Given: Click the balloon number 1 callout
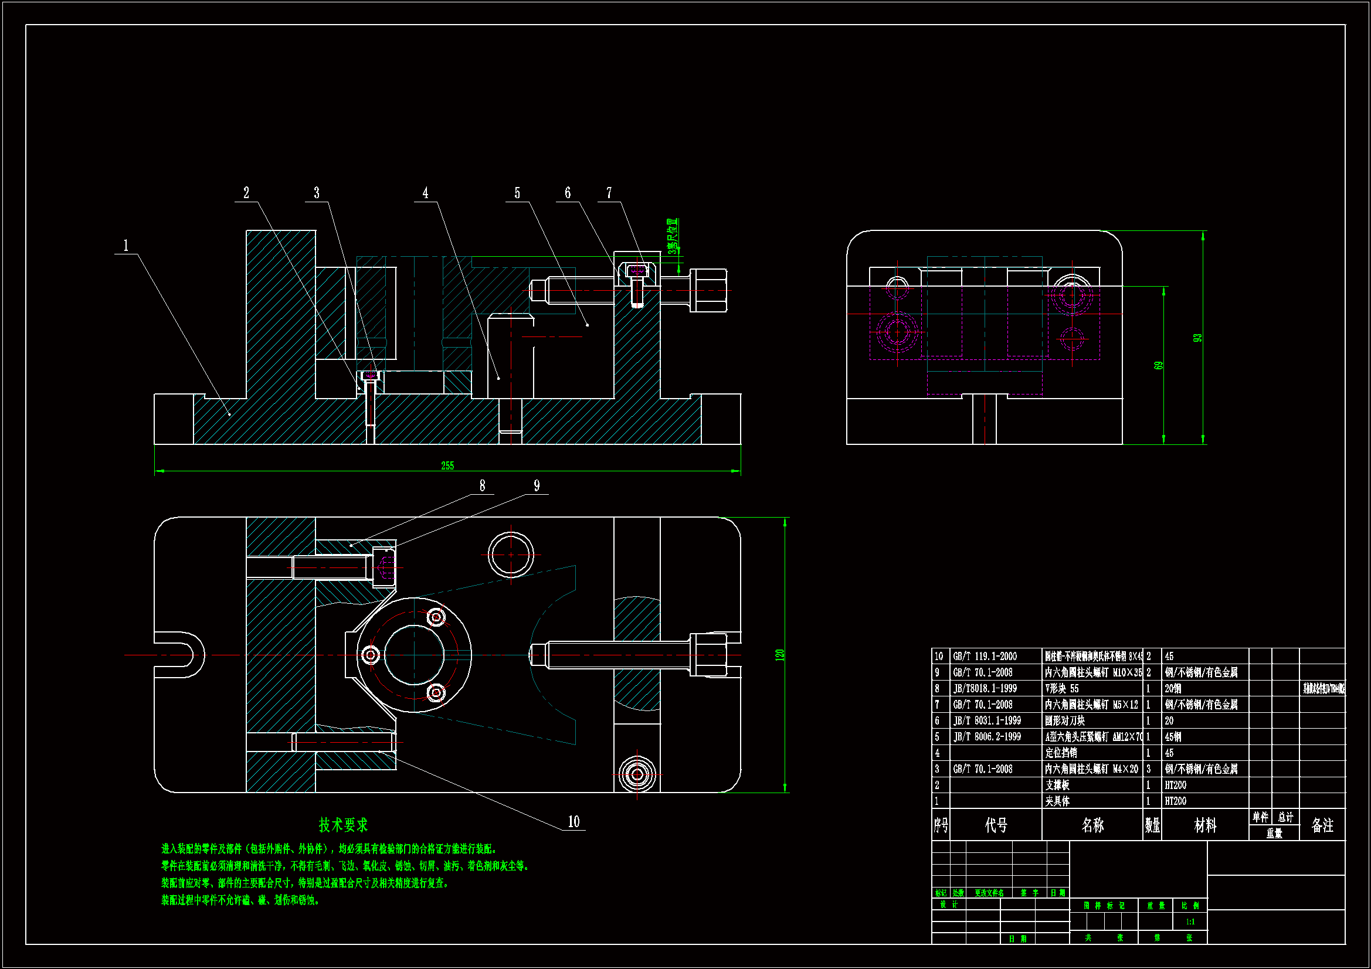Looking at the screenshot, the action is pyautogui.click(x=125, y=246).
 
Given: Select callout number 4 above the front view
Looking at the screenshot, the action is pyautogui.click(x=425, y=193).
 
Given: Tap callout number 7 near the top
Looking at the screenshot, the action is pyautogui.click(x=609, y=193).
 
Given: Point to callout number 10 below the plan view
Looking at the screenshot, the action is pyautogui.click(x=573, y=821).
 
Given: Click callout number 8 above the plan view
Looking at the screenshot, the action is pyautogui.click(x=482, y=486).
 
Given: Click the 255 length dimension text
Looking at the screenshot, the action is pyautogui.click(x=447, y=465).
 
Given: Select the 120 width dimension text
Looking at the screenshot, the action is pyautogui.click(x=779, y=655).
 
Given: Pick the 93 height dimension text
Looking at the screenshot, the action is pyautogui.click(x=1197, y=337).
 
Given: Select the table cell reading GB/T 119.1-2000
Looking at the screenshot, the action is pyautogui.click(x=985, y=656).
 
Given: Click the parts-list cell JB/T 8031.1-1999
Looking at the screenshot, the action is pyautogui.click(x=987, y=720).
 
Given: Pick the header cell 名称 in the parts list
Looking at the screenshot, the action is pyautogui.click(x=1092, y=825).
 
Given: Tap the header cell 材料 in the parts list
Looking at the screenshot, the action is pyautogui.click(x=1205, y=825).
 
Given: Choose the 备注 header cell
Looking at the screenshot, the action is pyautogui.click(x=1322, y=825).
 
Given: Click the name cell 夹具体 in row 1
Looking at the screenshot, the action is pyautogui.click(x=1057, y=801).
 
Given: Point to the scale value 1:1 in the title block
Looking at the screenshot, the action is pyautogui.click(x=1190, y=922).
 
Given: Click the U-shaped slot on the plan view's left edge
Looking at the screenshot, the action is pyautogui.click(x=179, y=655).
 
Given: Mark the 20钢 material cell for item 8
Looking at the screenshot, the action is pyautogui.click(x=1173, y=688).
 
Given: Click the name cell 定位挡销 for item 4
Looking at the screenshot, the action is pyautogui.click(x=1061, y=753).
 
